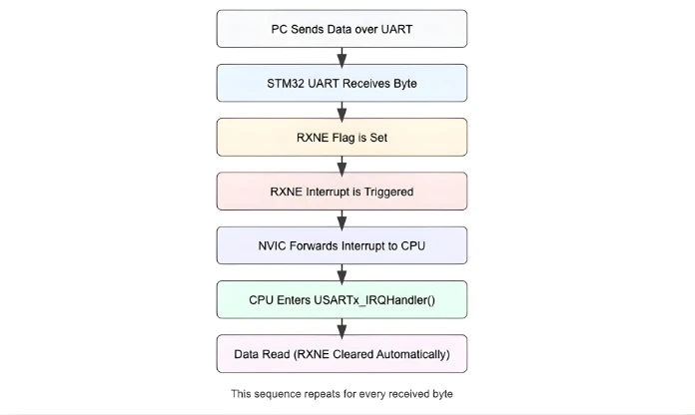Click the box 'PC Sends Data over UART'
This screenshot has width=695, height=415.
coord(342,29)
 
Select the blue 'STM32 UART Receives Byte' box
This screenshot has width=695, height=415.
coord(342,83)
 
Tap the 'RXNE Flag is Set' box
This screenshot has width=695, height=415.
coord(342,137)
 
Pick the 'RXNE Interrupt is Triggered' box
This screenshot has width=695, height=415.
coord(342,191)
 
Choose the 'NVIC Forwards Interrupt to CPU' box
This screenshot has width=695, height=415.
coord(342,244)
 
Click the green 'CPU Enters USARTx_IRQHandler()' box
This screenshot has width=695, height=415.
coord(342,299)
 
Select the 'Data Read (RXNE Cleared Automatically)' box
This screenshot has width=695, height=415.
coord(342,353)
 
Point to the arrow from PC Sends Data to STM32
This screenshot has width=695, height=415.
coord(342,56)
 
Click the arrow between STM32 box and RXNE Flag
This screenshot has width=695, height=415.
coord(342,110)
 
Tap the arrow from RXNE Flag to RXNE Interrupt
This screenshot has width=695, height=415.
coord(342,164)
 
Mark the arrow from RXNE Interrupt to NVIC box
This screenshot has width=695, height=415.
coord(342,217)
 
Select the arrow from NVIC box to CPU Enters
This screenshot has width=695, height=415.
coord(342,271)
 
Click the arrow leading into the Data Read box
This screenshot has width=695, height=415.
coord(342,326)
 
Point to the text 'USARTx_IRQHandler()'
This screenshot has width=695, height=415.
coord(374,299)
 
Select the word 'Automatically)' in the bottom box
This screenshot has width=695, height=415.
coord(409,353)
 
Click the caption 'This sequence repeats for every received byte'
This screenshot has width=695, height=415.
coord(342,394)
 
